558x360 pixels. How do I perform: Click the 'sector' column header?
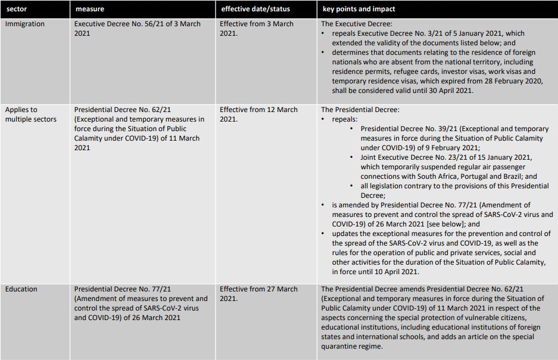coord(16,10)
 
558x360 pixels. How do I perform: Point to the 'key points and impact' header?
coord(359,10)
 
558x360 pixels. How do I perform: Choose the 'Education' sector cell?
coord(21,289)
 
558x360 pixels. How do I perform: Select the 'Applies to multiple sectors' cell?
coord(31,114)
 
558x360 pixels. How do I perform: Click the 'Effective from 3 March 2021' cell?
coord(257,29)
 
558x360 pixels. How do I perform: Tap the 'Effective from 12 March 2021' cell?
coord(258,114)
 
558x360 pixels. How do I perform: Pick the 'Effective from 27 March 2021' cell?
coord(258,293)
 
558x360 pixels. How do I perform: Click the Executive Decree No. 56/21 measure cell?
coord(138,29)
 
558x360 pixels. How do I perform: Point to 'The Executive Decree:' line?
coord(356,24)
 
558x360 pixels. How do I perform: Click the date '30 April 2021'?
coord(450,91)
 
